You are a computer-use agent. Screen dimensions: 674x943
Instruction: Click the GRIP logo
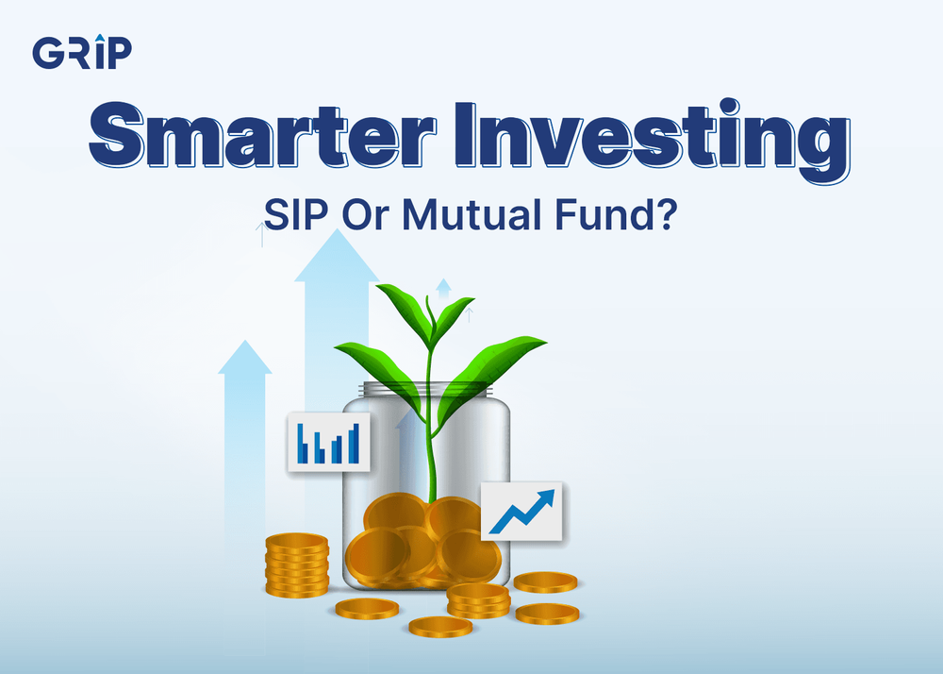[x=82, y=53]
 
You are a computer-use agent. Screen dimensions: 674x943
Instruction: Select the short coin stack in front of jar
[x=477, y=598]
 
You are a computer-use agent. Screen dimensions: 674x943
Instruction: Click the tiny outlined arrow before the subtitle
[x=260, y=232]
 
